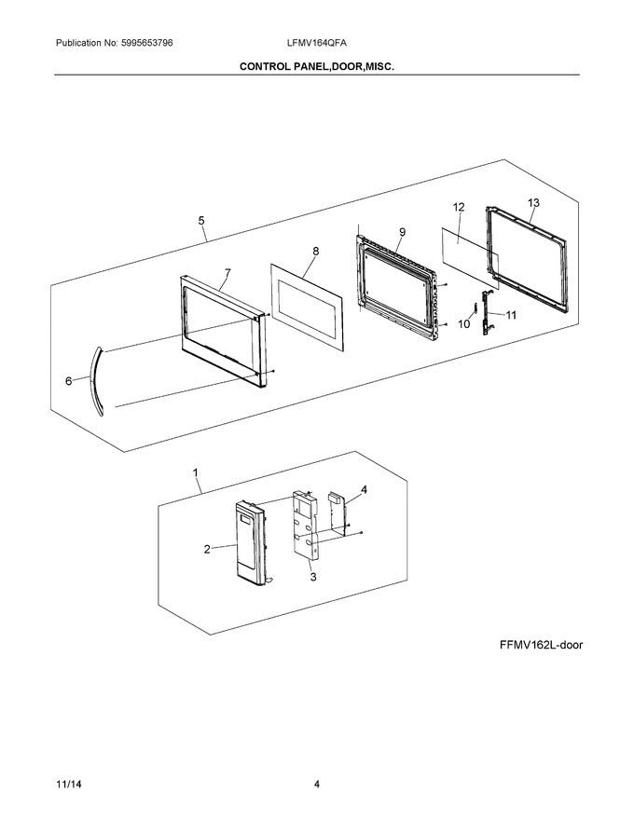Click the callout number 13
coord(533,202)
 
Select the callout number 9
coord(402,232)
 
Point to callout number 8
coord(315,252)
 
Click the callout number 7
coord(226,273)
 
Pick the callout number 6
coord(68,381)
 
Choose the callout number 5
coord(201,221)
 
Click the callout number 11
coord(510,315)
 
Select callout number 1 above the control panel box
coord(196,473)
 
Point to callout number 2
coord(207,550)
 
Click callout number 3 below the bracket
coord(313,578)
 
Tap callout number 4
coord(364,489)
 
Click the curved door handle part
coord(94,376)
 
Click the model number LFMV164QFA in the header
coord(317,44)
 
